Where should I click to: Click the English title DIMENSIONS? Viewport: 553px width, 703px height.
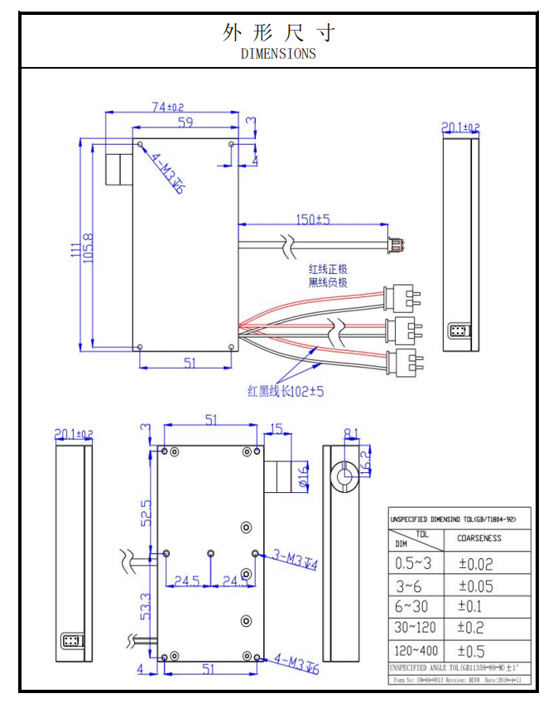click(278, 54)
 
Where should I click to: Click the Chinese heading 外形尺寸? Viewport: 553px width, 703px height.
click(278, 32)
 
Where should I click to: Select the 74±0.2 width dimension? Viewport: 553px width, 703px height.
click(168, 107)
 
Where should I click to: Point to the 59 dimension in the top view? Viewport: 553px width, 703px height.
click(186, 123)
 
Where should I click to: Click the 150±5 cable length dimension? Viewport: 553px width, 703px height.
click(313, 219)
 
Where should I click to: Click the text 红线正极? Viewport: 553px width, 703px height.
click(328, 270)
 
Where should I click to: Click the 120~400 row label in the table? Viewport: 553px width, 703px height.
click(416, 649)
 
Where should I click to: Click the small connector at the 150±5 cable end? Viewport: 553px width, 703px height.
click(395, 245)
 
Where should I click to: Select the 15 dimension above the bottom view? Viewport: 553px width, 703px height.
click(276, 428)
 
